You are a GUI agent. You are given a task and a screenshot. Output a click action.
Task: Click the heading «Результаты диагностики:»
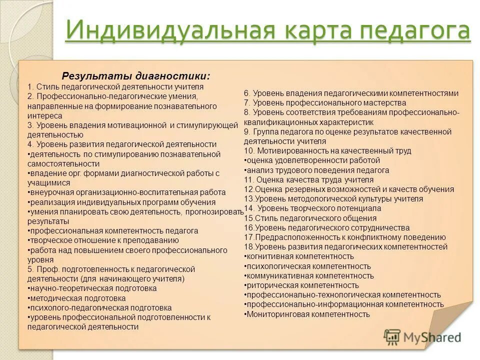(136, 76)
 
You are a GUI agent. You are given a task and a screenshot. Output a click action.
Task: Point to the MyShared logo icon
(392, 337)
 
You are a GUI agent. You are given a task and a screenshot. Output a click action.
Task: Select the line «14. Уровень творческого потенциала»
(312, 208)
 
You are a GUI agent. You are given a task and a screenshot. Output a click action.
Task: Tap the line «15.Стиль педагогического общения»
(310, 218)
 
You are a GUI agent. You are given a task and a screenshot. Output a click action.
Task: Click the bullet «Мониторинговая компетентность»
(307, 314)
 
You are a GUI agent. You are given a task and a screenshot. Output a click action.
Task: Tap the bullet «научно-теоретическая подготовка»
(92, 288)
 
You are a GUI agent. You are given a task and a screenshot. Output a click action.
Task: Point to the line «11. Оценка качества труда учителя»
(309, 179)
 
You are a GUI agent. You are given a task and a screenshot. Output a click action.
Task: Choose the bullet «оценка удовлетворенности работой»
(312, 160)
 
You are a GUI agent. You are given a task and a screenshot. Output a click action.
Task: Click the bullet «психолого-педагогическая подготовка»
(99, 307)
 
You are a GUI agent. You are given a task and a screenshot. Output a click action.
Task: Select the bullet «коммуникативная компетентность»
(309, 275)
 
